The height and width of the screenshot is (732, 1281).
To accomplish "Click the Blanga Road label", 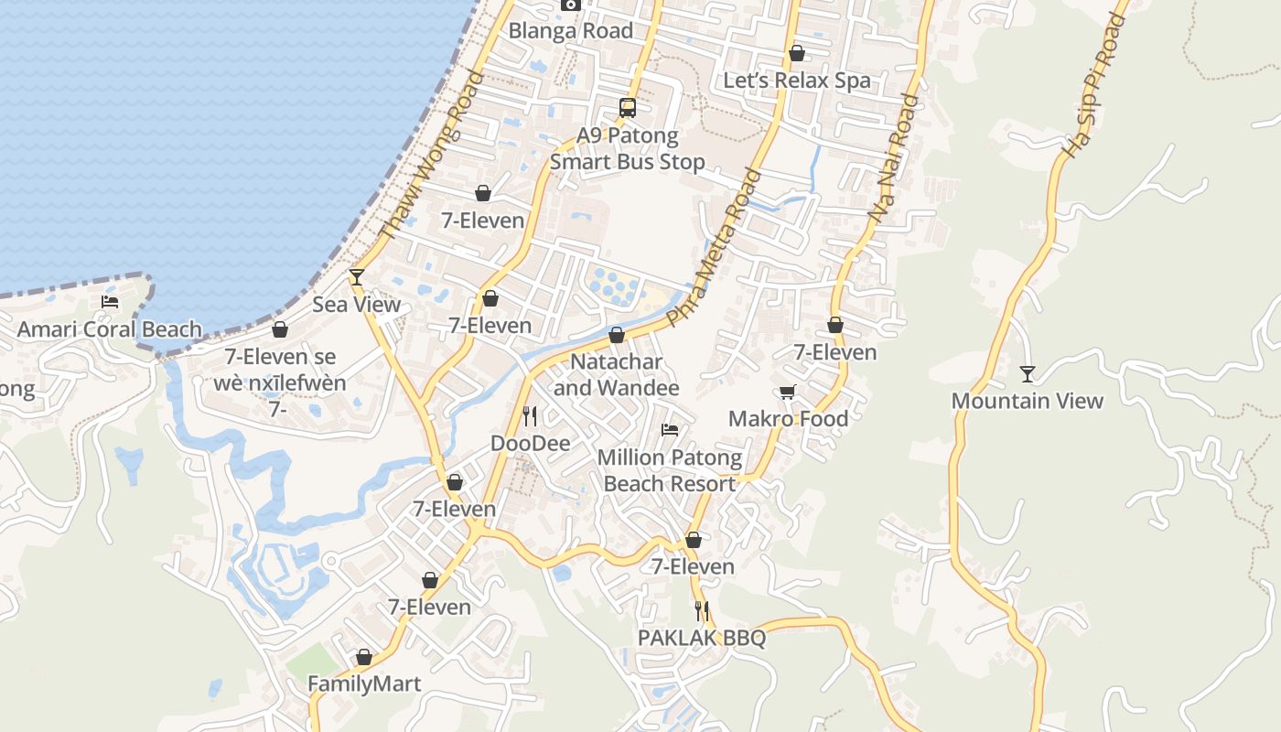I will coord(570,31).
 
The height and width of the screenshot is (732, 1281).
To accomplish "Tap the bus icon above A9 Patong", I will coord(627,108).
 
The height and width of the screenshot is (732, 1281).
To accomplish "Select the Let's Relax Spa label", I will coord(797,81).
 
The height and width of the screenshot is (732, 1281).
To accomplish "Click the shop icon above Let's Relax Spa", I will coord(797,54).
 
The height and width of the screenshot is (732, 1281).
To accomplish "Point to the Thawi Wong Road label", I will coord(430,156).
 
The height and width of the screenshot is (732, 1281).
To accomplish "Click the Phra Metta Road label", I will coord(715,248).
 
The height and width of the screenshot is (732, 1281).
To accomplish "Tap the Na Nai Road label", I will coord(893,157).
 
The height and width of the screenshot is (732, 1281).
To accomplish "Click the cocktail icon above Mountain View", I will coord(1028,373).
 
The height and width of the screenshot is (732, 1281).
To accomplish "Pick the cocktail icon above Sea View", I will coord(357,277).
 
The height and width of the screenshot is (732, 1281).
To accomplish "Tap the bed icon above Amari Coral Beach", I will coord(110,302).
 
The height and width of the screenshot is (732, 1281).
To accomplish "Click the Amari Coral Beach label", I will coord(110,329).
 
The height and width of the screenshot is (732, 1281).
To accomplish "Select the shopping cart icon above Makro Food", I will coord(787,393).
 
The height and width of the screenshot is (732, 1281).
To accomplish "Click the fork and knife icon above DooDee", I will coord(530,416).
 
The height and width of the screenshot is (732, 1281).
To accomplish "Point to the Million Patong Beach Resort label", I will coord(670,470).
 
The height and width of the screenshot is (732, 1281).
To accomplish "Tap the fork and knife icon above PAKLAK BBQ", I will coord(702,610).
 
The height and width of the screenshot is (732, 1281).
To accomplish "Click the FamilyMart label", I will coord(364,684).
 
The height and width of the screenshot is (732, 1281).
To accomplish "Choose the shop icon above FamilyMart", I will coord(364,657).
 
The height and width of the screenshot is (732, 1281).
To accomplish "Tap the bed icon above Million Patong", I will coord(670,429).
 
